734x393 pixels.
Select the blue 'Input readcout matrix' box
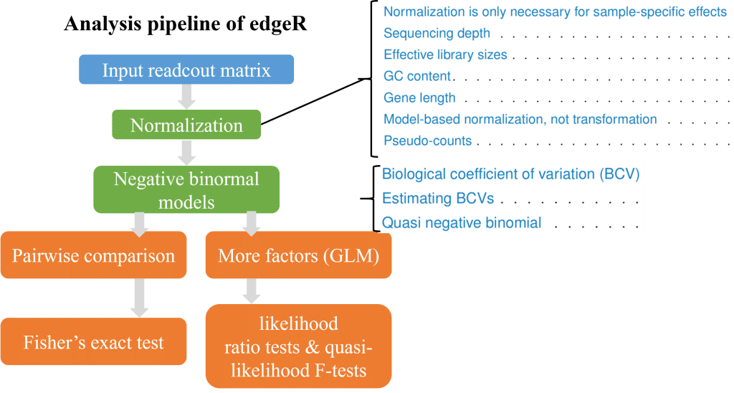(186, 70)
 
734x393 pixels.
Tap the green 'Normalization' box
(186, 126)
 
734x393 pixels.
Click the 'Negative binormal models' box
(186, 190)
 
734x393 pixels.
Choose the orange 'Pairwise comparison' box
(93, 256)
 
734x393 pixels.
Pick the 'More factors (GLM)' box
(298, 256)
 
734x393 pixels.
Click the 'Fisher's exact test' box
(93, 342)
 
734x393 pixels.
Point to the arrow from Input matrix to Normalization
(186, 95)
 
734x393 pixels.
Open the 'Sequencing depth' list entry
(437, 33)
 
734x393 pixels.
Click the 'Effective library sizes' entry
(445, 55)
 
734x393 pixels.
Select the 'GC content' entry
(417, 76)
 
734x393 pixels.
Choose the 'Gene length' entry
(419, 98)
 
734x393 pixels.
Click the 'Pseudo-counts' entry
(427, 141)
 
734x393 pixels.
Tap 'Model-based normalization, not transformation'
(520, 119)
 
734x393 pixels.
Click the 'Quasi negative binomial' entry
(462, 222)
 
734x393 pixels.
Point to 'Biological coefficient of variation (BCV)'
(510, 174)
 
